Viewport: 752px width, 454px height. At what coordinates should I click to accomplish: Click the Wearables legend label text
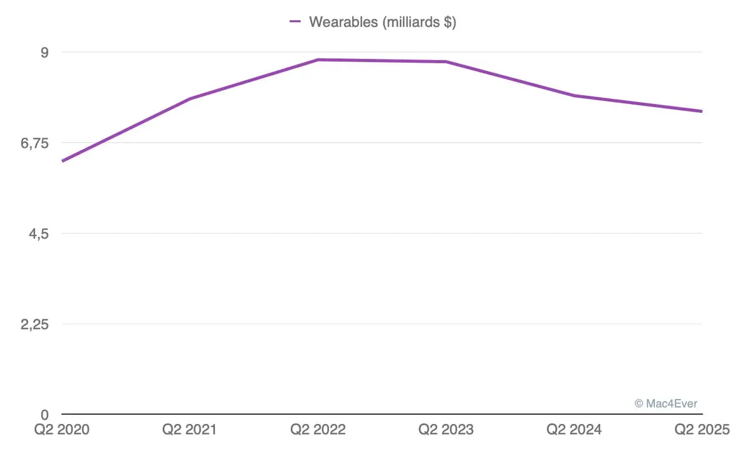382,22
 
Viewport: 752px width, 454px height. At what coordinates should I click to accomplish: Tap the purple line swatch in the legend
296,22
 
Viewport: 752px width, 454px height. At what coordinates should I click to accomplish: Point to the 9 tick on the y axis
44,52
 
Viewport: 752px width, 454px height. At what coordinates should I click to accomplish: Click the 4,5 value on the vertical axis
39,234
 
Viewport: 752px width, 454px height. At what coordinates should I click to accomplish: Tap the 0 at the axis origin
44,415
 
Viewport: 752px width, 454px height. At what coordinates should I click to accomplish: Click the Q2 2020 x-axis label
62,430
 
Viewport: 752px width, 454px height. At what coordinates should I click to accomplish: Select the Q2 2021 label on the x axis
190,430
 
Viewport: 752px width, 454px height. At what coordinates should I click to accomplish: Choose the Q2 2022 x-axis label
318,430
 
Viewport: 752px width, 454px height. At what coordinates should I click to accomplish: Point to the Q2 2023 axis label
446,430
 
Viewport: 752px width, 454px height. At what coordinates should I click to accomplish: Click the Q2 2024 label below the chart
574,430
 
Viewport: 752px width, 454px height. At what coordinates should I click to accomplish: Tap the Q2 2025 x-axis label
702,430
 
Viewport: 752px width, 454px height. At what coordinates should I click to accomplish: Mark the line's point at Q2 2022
318,59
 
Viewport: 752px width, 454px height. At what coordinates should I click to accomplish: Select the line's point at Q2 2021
190,99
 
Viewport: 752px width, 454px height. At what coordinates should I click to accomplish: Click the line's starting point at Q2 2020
63,161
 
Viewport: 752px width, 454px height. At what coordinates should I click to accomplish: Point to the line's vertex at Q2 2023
446,61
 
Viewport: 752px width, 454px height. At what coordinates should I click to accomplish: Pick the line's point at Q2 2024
574,96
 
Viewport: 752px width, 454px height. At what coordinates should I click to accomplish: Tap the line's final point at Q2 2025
701,111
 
